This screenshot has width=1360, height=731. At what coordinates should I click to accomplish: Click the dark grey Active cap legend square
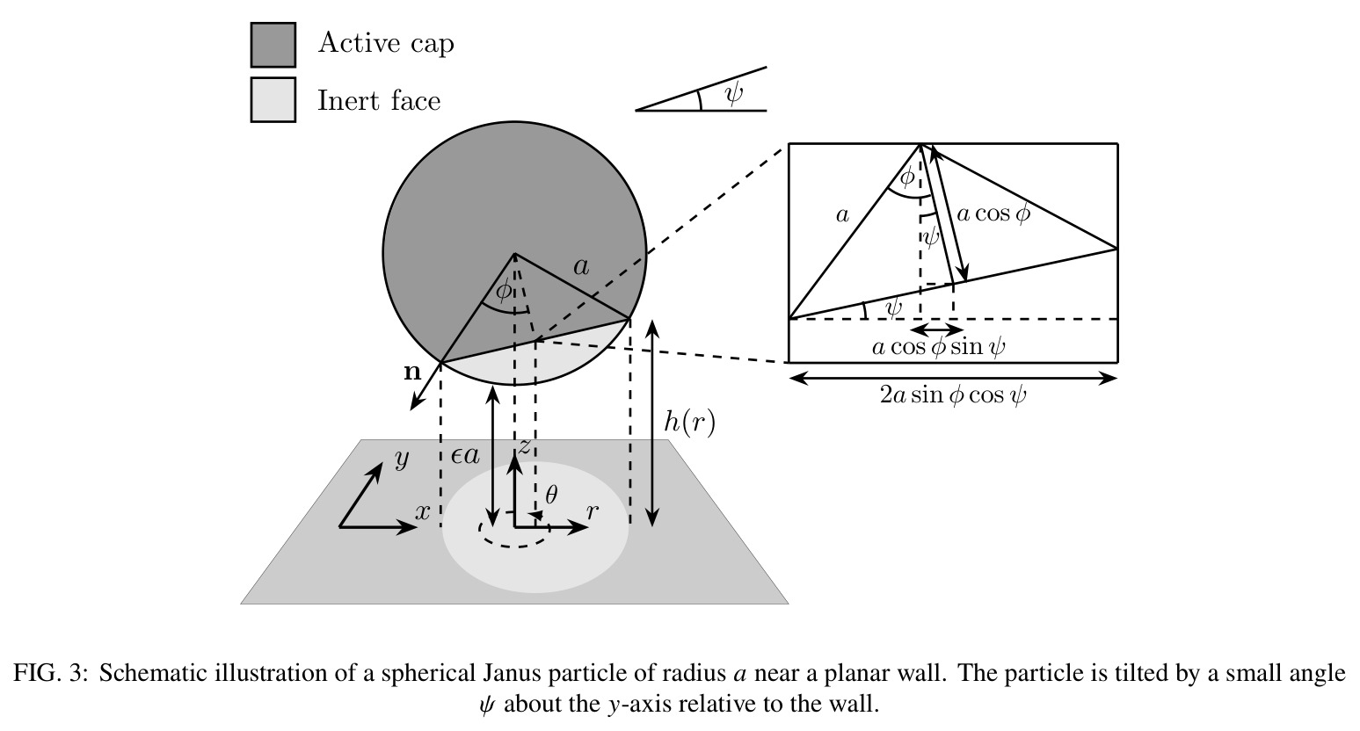pyautogui.click(x=273, y=45)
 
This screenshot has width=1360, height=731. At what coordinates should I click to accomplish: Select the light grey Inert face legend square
pyautogui.click(x=273, y=99)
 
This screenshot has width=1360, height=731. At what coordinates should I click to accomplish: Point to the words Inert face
pyautogui.click(x=379, y=100)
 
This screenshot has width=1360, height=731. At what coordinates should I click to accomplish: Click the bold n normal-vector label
pyautogui.click(x=412, y=372)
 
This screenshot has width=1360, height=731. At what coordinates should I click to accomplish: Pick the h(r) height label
pyautogui.click(x=689, y=422)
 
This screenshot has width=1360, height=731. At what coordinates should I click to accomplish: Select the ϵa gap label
pyautogui.click(x=465, y=454)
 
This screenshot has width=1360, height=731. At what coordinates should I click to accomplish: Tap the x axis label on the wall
pyautogui.click(x=423, y=512)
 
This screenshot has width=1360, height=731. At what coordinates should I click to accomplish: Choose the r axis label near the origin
pyautogui.click(x=592, y=512)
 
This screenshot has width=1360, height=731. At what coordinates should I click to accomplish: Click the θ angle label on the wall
pyautogui.click(x=550, y=495)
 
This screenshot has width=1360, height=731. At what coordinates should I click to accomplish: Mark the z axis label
pyautogui.click(x=523, y=446)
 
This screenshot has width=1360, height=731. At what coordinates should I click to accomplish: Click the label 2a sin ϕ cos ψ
pyautogui.click(x=953, y=395)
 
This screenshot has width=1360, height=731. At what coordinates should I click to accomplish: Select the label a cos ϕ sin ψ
pyautogui.click(x=938, y=347)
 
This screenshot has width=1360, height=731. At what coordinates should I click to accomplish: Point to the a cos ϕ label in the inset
pyautogui.click(x=993, y=214)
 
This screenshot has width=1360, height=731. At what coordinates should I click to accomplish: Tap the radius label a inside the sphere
pyautogui.click(x=581, y=266)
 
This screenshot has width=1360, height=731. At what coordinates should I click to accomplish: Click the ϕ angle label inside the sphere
pyautogui.click(x=504, y=291)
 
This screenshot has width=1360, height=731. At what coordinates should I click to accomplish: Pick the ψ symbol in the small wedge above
pyautogui.click(x=734, y=94)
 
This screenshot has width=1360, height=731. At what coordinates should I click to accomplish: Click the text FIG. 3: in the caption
pyautogui.click(x=51, y=673)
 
